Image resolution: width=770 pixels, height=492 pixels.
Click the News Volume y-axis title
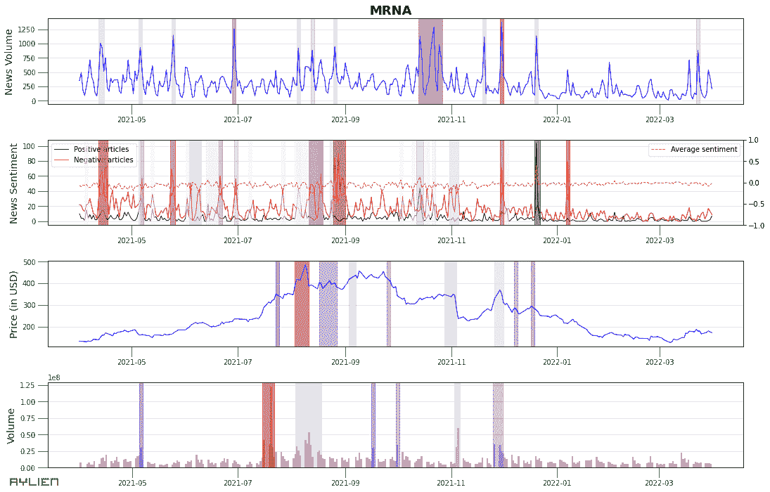pos(9,62)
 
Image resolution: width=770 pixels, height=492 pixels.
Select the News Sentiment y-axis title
pos(13,183)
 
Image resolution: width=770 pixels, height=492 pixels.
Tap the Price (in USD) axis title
pos(13,303)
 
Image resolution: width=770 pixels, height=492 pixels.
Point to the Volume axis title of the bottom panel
pos(11,425)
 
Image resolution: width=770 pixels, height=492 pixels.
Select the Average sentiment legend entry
pos(703,149)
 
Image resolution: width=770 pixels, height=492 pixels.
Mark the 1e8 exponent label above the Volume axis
pos(54,377)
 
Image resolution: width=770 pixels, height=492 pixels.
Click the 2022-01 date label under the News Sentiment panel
pos(556,239)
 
